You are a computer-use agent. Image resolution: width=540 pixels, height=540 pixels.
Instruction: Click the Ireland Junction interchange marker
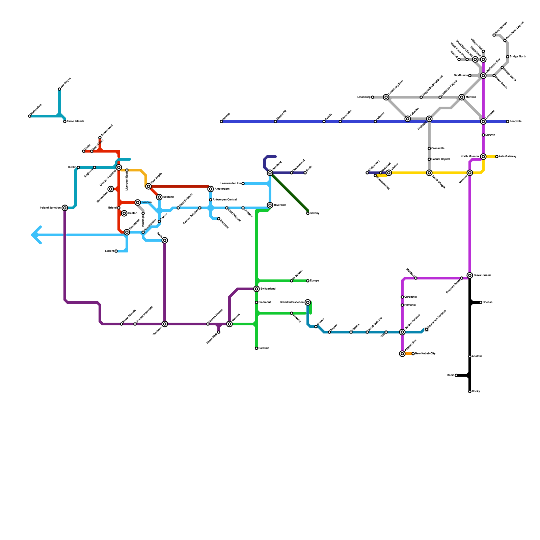click(65, 208)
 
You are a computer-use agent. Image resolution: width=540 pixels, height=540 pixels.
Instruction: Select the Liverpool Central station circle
click(119, 167)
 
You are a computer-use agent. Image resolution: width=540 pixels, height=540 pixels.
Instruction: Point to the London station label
click(146, 202)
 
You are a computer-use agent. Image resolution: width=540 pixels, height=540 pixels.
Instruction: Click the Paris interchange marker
click(165, 240)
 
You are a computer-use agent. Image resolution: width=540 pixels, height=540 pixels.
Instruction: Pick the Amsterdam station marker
click(211, 189)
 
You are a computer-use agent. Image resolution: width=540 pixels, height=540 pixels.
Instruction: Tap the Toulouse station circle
click(165, 324)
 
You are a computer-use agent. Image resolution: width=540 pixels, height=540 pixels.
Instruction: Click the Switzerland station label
click(268, 289)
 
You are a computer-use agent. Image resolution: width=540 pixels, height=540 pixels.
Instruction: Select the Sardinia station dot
click(256, 348)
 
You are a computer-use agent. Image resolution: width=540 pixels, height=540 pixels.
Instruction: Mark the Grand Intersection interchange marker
click(308, 302)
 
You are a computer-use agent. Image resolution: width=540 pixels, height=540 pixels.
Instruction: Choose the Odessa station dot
click(481, 302)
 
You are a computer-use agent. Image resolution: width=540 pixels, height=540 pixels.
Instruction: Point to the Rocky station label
click(476, 391)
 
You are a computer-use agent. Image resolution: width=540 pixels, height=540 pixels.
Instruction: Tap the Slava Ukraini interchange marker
click(470, 275)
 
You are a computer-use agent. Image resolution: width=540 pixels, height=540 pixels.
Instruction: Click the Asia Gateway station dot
click(497, 157)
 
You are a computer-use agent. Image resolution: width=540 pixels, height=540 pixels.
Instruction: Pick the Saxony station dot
click(308, 213)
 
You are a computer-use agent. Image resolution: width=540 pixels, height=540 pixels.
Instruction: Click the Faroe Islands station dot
click(65, 122)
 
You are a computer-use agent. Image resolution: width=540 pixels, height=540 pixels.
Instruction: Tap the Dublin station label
click(72, 167)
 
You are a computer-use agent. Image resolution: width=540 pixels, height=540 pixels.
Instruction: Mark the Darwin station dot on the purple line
click(483, 135)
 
